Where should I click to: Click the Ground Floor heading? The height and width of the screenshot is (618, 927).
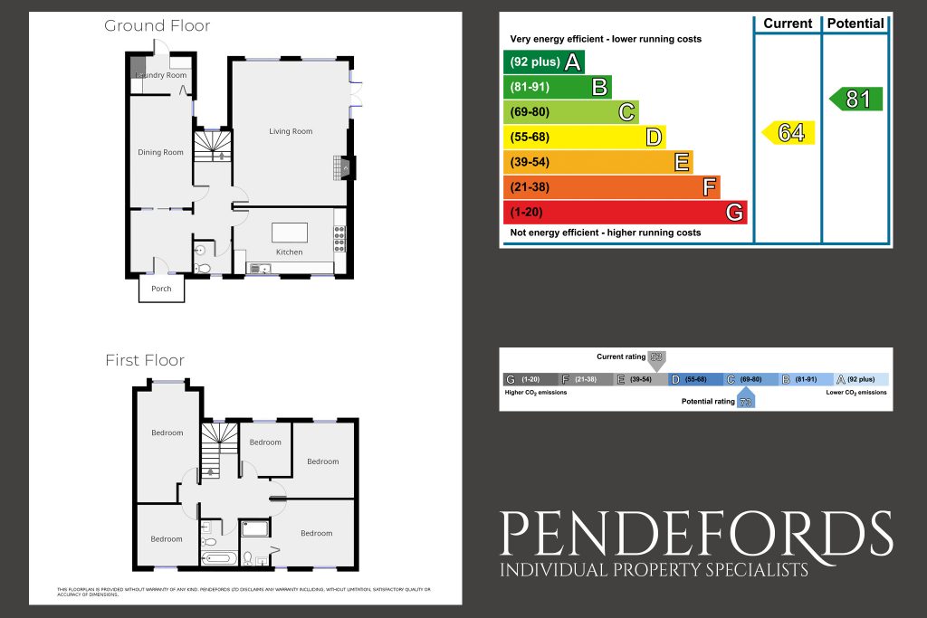click(x=158, y=25)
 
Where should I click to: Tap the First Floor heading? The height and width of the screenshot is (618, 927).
click(x=145, y=360)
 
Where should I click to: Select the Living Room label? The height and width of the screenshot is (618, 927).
click(x=291, y=131)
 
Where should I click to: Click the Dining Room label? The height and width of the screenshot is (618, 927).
click(x=161, y=152)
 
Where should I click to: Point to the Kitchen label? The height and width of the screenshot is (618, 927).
click(x=289, y=252)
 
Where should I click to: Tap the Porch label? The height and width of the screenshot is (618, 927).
click(x=161, y=289)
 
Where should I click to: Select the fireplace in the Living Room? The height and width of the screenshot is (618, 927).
click(x=345, y=167)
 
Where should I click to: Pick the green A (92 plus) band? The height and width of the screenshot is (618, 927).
click(x=543, y=62)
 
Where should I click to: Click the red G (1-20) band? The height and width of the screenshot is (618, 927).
click(x=625, y=213)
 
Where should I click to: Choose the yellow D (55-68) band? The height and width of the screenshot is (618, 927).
click(x=583, y=138)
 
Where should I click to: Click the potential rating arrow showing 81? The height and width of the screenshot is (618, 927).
click(x=855, y=99)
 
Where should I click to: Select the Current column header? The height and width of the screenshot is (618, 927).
click(x=788, y=24)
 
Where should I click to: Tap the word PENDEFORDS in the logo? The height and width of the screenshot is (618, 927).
click(x=697, y=534)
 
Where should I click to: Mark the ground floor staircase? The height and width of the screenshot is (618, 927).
click(x=215, y=145)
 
